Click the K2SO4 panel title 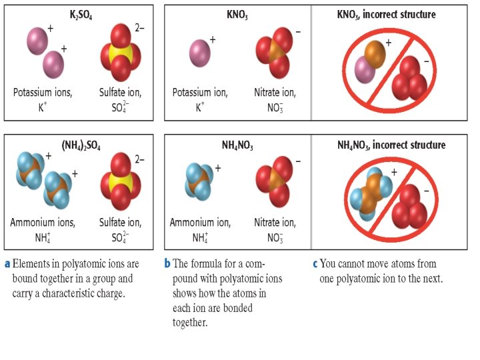coord(81,14)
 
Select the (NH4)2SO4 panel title coord(81,144)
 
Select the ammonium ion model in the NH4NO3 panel coord(199,182)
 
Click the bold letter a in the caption coord(7,263)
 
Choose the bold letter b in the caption coord(168,263)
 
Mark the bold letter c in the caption coord(315,263)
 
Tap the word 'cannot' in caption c coord(353,263)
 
